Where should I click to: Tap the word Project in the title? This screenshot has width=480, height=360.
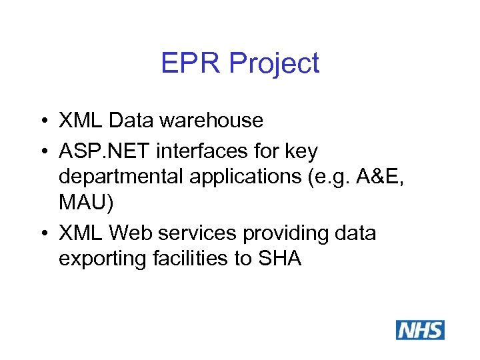274,65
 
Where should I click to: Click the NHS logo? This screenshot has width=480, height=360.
420,330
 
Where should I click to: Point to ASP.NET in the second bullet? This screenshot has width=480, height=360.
105,152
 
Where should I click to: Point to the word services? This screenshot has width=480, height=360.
197,234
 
